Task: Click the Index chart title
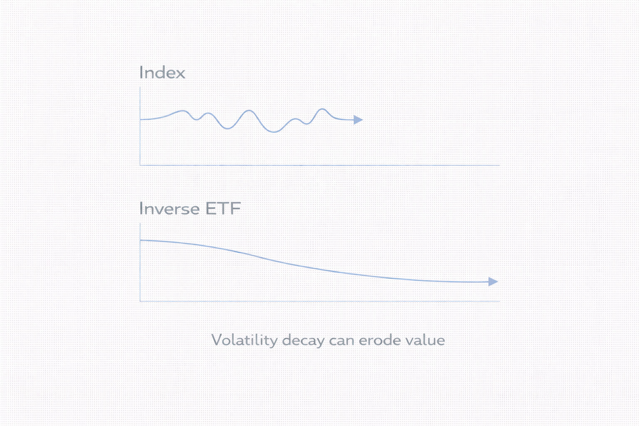tap(162, 72)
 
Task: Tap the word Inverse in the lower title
tap(169, 208)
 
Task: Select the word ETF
tap(223, 208)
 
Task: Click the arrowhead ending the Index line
tap(358, 120)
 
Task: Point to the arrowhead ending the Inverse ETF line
tap(493, 282)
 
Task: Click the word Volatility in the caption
tap(244, 340)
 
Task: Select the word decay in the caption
tap(303, 340)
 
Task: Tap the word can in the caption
tap(342, 342)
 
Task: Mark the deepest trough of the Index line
tap(274, 132)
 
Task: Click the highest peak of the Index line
tap(322, 109)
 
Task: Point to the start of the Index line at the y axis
tap(140, 119)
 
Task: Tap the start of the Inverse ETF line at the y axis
tap(140, 240)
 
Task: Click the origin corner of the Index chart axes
tap(140, 165)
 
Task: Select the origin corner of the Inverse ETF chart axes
tap(140, 301)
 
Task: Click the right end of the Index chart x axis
tap(500, 165)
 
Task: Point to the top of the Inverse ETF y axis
tap(140, 223)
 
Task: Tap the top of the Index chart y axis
tap(140, 87)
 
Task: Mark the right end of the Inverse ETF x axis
tap(500, 301)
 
